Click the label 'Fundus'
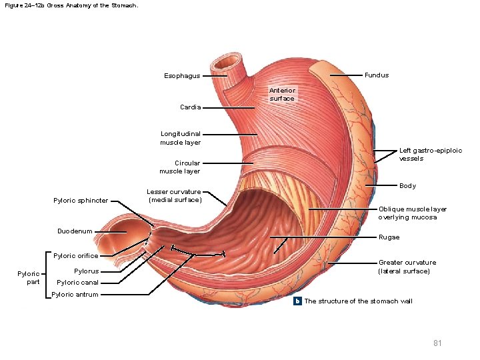click(377, 75)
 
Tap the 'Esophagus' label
click(182, 76)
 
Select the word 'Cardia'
click(190, 107)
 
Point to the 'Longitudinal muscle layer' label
click(180, 138)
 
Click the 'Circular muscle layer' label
click(180, 167)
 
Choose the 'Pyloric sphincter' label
click(81, 201)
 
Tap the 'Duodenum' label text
click(75, 231)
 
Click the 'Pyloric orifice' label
click(75, 256)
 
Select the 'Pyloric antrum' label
click(75, 295)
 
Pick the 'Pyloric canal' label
click(77, 283)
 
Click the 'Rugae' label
click(389, 237)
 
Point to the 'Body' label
click(407, 186)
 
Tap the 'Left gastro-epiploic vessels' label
click(430, 155)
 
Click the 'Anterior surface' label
click(282, 95)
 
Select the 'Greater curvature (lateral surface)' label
click(407, 267)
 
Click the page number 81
click(437, 343)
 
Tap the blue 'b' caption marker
click(299, 301)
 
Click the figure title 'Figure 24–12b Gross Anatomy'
click(71, 5)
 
